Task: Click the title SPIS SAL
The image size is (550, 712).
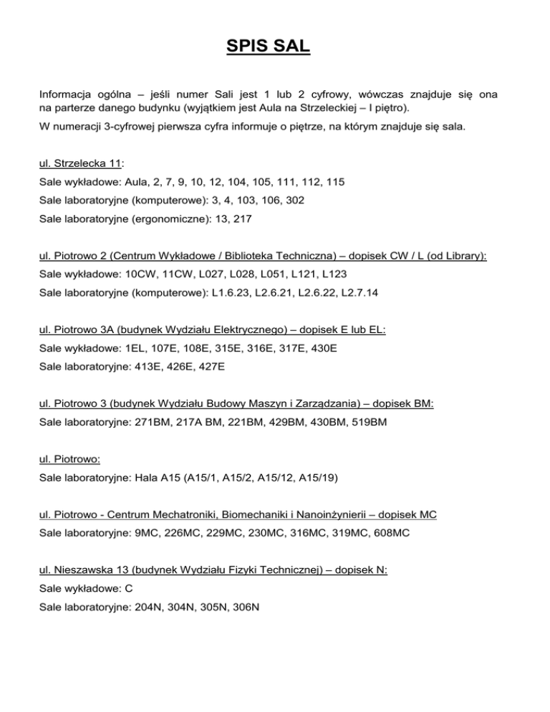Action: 274,49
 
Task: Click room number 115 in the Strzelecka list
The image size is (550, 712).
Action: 334,183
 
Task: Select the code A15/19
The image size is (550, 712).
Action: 340,478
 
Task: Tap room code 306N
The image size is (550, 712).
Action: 243,607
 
